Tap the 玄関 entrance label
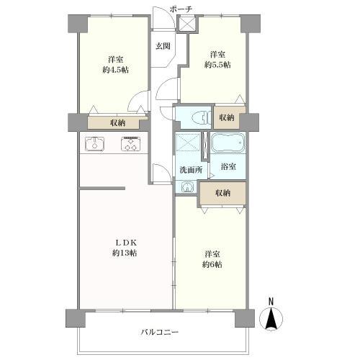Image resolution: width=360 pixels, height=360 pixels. coord(163,46)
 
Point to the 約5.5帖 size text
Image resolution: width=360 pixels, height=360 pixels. coord(217,65)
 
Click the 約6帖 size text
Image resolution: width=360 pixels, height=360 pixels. coord(212,264)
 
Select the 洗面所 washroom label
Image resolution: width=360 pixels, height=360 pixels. coord(190,169)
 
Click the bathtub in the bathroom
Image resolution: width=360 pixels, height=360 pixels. coord(228,143)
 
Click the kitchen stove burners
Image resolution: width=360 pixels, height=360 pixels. coord(130,143)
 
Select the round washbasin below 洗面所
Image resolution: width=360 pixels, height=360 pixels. coord(188,186)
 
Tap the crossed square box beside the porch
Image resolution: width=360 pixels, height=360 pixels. coord(186,23)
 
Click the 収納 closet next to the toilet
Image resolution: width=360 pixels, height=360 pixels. coord(226,117)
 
